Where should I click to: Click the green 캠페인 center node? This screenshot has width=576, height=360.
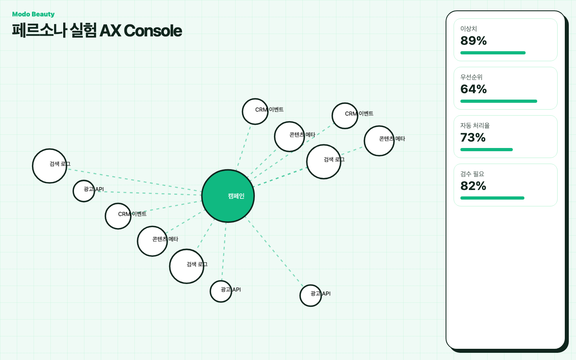pos(228,196)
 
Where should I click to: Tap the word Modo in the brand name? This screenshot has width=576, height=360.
pos(21,14)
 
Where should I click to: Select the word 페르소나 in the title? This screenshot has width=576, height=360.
pos(40,30)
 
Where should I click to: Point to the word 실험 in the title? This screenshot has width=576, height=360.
pos(83,30)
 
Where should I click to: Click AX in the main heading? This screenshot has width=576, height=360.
pos(110,30)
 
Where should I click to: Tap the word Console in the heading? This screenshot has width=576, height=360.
pos(153,30)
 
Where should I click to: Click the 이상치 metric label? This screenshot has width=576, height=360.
pos(468,28)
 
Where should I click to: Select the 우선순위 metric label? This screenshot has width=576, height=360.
pos(471,77)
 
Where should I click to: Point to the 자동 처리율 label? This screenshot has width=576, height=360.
pos(475,125)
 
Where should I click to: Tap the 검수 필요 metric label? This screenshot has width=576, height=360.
pos(472,174)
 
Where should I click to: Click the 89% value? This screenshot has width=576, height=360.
pos(474,41)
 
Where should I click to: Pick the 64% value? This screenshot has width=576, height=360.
pos(474,89)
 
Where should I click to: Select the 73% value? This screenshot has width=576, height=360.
pos(473,137)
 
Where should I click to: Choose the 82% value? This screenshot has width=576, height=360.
pos(473,186)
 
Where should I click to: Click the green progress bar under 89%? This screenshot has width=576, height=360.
pos(493,53)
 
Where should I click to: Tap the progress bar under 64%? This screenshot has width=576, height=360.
pos(498,101)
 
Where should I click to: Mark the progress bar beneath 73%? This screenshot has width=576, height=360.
pos(486,150)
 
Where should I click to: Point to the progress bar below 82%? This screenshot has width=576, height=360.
pos(492,198)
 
